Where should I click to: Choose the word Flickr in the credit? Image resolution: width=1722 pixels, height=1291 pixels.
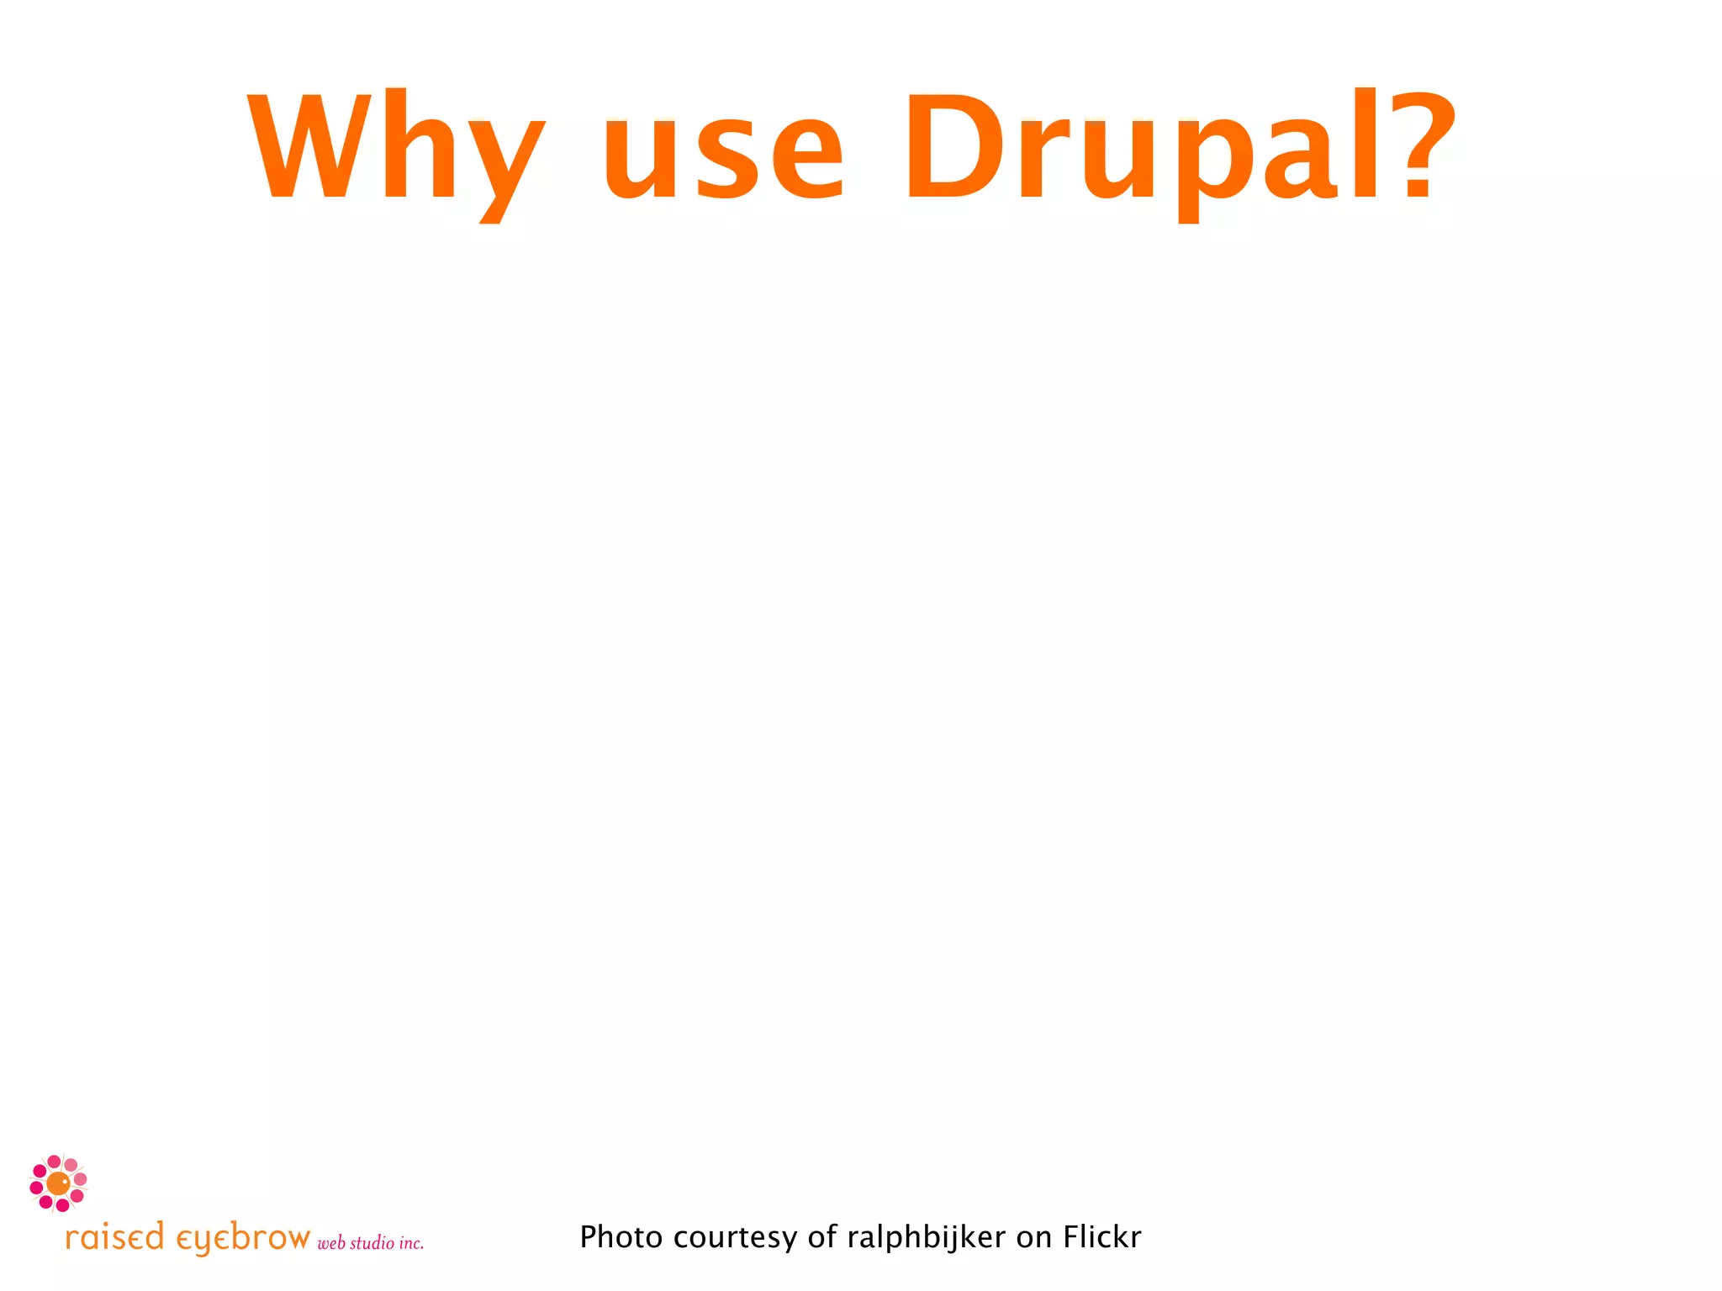click(x=1101, y=1237)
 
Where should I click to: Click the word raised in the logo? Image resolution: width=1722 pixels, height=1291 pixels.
click(x=114, y=1238)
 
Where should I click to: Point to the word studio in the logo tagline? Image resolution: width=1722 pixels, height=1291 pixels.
click(x=372, y=1243)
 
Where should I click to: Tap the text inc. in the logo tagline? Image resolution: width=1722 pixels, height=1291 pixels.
click(x=411, y=1243)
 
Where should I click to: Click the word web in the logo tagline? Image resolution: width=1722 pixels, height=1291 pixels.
click(x=331, y=1244)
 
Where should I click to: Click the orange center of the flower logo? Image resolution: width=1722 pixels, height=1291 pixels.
click(x=58, y=1183)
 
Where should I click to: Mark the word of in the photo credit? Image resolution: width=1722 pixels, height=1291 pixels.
click(x=822, y=1237)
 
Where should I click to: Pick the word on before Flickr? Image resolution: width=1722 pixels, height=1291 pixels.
click(x=1034, y=1238)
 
